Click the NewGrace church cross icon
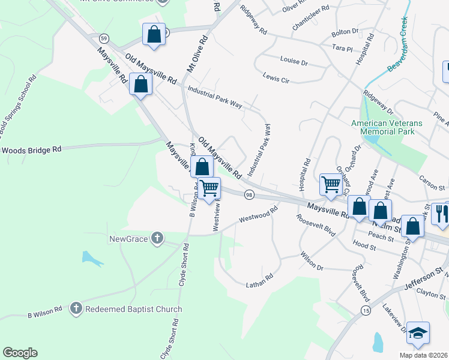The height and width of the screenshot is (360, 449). pyautogui.click(x=157, y=239)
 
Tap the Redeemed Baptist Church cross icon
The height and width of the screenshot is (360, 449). pyautogui.click(x=76, y=309)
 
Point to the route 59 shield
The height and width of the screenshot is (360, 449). pyautogui.click(x=104, y=38)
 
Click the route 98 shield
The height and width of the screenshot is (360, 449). pyautogui.click(x=249, y=194)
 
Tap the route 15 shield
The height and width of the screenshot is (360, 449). pyautogui.click(x=366, y=310)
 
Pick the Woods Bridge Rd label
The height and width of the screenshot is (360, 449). pyautogui.click(x=31, y=149)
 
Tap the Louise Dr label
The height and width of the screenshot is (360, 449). pyautogui.click(x=294, y=61)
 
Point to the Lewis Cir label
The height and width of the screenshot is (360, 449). pyautogui.click(x=276, y=77)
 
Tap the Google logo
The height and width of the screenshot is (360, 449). pyautogui.click(x=20, y=353)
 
